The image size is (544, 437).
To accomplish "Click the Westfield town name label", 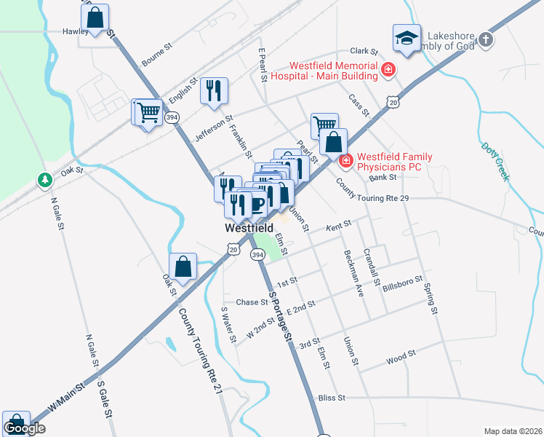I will click(x=248, y=227).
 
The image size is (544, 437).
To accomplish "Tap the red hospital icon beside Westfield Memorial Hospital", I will click(x=388, y=70).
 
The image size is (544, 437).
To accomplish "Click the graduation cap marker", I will click(x=407, y=39).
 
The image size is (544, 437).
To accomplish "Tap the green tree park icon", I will click(x=45, y=179).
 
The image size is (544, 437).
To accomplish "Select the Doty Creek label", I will click(x=495, y=161).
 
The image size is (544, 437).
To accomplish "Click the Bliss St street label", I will click(x=331, y=398).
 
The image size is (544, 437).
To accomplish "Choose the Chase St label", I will click(x=252, y=302).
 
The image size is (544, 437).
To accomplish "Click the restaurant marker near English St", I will click(x=213, y=91).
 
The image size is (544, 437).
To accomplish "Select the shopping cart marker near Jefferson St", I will click(x=148, y=113).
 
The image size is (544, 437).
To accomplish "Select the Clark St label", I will click(x=364, y=52).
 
